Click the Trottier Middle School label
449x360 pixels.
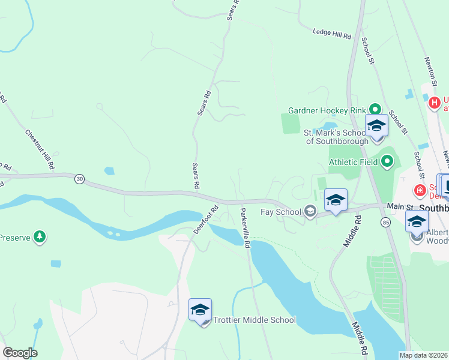tap(255, 320)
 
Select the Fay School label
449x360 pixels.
tap(280, 212)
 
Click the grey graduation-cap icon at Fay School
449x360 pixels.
tap(310, 211)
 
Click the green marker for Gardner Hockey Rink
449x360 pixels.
tap(376, 109)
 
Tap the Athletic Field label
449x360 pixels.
tap(354, 161)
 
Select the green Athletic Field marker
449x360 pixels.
tap(387, 161)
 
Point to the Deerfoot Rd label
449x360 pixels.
tap(206, 220)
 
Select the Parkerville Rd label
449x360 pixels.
tap(244, 227)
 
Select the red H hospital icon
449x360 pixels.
tap(434, 103)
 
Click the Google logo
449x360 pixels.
tap(20, 353)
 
